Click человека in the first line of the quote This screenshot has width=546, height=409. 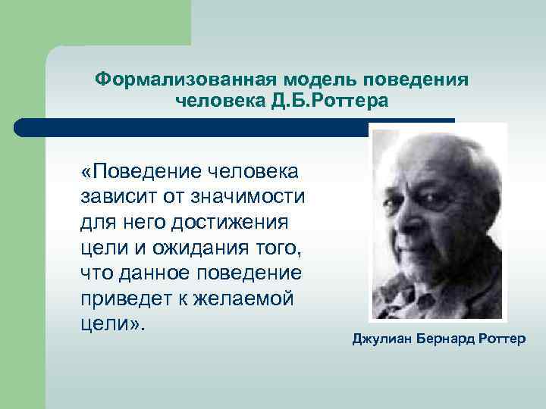coord(250,173)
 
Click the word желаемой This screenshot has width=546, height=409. coord(253,298)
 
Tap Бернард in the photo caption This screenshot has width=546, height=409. coord(445,338)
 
